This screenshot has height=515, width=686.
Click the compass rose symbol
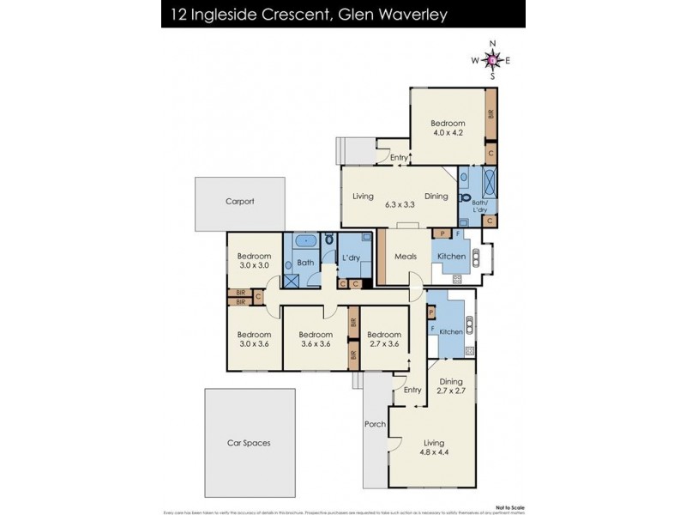(x=492, y=59)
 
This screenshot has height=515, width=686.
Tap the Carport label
(x=240, y=202)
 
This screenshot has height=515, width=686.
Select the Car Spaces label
(x=249, y=443)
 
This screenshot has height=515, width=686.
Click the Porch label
(x=375, y=423)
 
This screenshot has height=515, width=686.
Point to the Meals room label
(x=405, y=257)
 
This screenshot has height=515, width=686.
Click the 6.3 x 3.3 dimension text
(x=400, y=205)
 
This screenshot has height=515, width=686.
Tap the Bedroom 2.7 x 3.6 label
(x=383, y=340)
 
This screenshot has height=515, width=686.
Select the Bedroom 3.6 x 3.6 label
(x=316, y=340)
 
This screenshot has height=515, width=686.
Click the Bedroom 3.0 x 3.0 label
(x=254, y=261)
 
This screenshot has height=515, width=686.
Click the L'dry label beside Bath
(x=350, y=258)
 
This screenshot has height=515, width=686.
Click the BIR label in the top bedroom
(x=491, y=114)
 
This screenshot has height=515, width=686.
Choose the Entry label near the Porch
(x=412, y=391)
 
